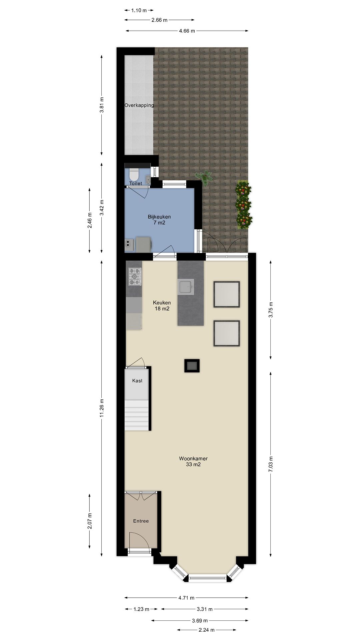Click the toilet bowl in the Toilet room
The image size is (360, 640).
(134, 174)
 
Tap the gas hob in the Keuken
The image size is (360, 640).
(135, 277)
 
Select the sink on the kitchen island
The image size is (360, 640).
(185, 287)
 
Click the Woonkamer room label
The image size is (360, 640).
(193, 458)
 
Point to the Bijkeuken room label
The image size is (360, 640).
(159, 217)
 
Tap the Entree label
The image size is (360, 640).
(141, 521)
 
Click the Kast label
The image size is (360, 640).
(137, 381)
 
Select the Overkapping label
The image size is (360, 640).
(139, 105)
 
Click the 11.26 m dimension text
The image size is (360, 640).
(102, 408)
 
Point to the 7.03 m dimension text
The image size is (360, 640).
(271, 464)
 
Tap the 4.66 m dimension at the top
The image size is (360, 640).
(187, 31)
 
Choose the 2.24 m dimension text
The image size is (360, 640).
(206, 630)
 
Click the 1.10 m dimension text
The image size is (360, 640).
(139, 10)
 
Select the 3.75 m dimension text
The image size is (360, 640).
(271, 309)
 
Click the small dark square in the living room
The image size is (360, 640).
(192, 366)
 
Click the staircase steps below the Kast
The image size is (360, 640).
(136, 415)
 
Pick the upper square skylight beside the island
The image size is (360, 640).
(227, 294)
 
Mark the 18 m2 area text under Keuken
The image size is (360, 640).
(162, 309)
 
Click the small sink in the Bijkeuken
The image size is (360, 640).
(128, 245)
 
